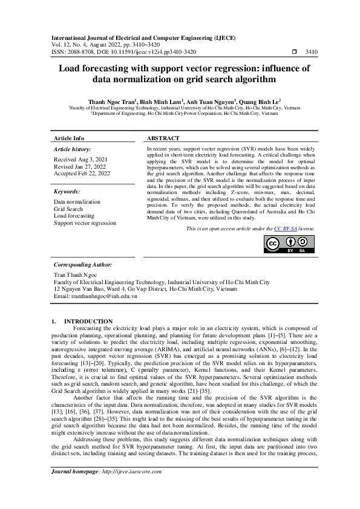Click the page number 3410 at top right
pos(313,53)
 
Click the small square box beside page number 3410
pos(295,53)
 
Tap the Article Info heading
pos(70,138)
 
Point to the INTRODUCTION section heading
pos(88,321)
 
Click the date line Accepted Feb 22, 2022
pos(82,173)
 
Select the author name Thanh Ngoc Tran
pos(111,102)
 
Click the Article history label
pos(73,149)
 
